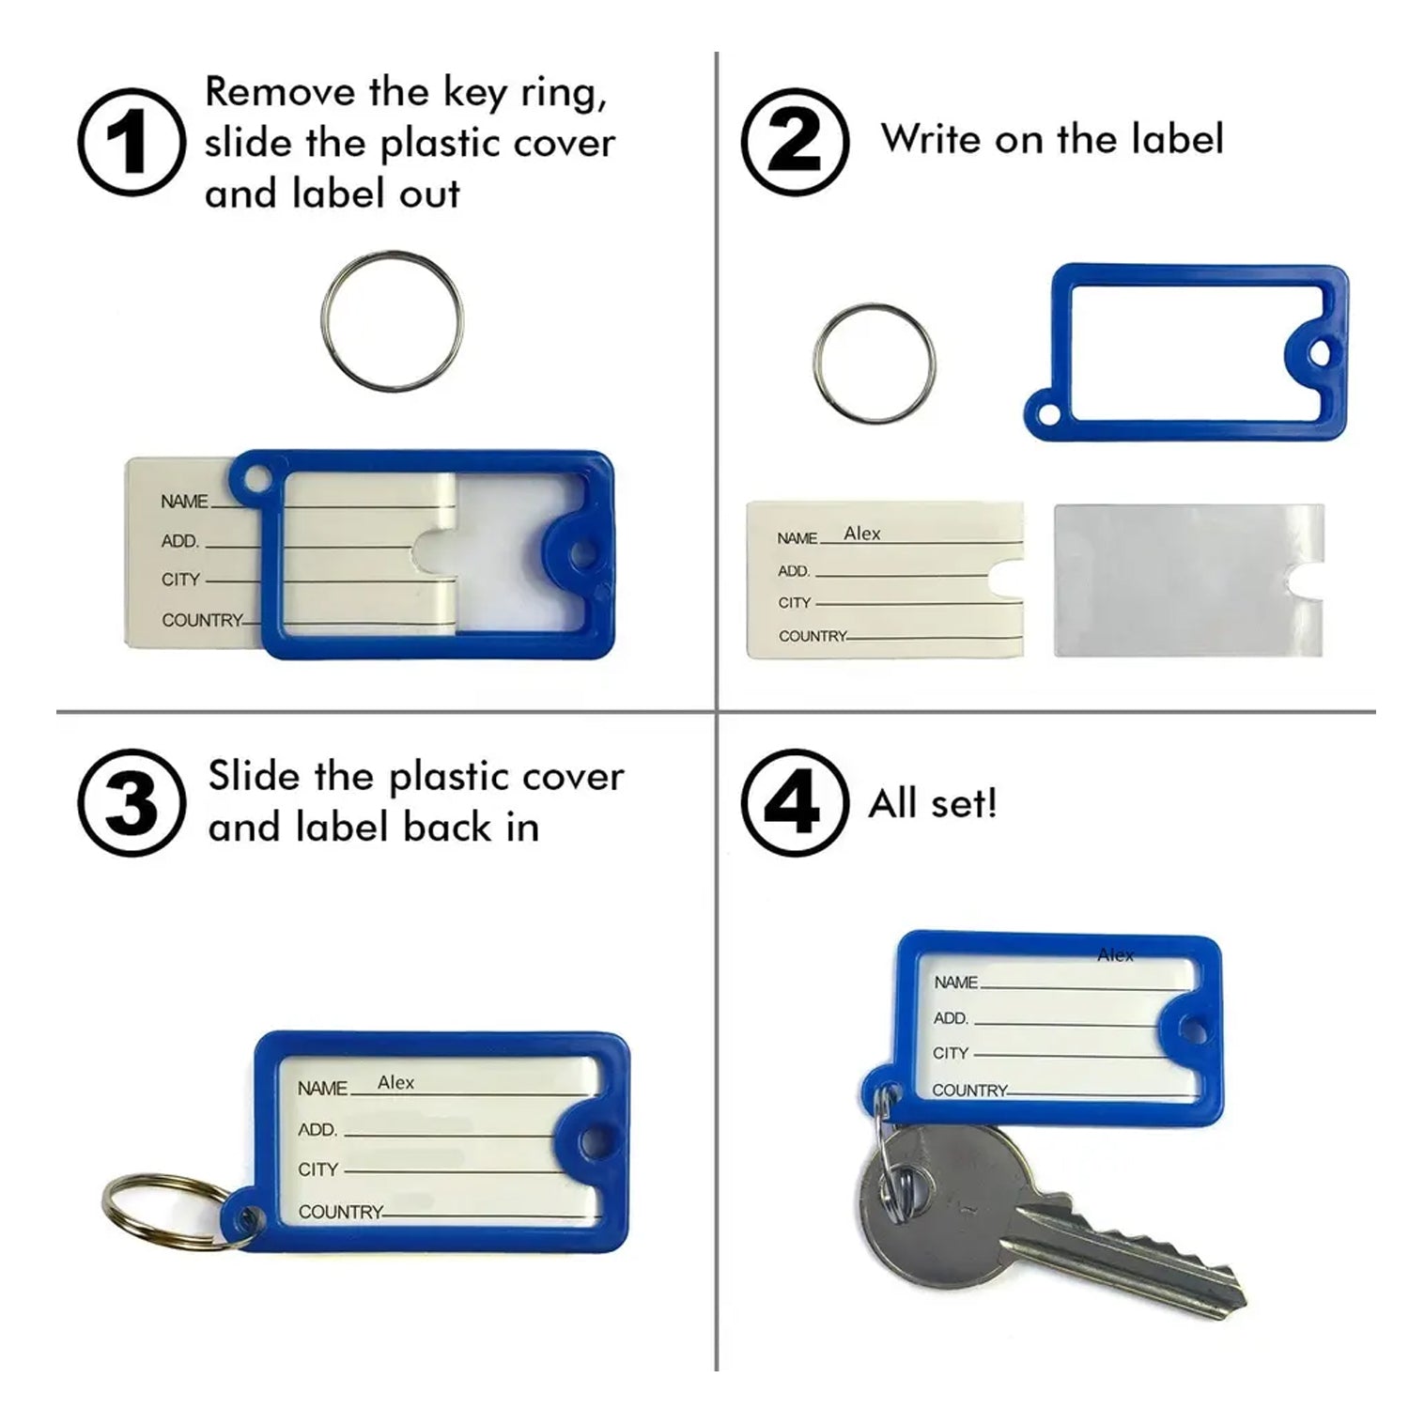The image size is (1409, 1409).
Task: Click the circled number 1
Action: point(131,142)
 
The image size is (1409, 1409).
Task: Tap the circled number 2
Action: point(795,142)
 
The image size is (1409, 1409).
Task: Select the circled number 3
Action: point(131,803)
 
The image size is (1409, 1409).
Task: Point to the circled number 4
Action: point(795,803)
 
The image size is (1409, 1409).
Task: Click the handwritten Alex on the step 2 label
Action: point(861,534)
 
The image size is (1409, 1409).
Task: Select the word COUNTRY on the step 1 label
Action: point(200,620)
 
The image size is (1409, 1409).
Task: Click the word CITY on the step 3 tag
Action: point(317,1169)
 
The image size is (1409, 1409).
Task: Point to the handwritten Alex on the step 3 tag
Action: point(395,1082)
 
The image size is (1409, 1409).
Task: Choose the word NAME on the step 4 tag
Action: point(955,983)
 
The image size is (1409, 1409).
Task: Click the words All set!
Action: point(933,804)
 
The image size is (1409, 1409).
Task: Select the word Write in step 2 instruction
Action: point(931,139)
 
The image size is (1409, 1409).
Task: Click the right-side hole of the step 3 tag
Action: point(590,1142)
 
